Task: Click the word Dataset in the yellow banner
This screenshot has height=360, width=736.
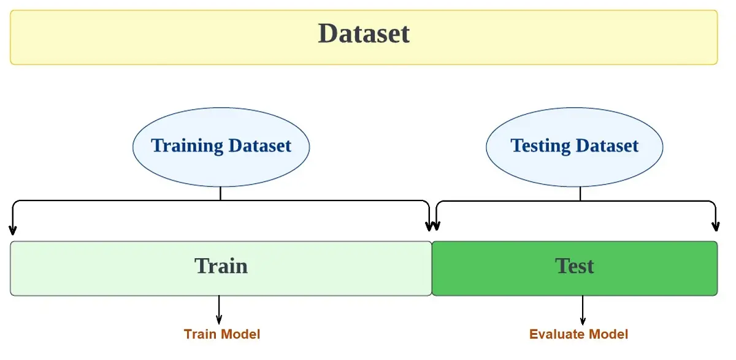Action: point(364,34)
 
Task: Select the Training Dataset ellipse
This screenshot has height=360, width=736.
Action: point(221,147)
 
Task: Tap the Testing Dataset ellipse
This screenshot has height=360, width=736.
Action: point(575,147)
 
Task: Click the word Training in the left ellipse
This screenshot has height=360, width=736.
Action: point(187,146)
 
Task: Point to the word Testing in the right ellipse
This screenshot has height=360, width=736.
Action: point(540,146)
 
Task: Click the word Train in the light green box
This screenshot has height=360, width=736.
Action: point(221,266)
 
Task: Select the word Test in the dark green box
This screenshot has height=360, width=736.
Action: point(575,266)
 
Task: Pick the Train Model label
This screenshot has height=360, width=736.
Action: point(222,334)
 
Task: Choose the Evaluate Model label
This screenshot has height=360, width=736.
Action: point(578,334)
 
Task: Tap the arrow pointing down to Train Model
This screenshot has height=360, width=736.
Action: point(219,310)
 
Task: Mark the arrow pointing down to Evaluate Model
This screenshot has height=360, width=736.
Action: point(583,310)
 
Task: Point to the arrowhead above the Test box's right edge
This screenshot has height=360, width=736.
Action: point(716,227)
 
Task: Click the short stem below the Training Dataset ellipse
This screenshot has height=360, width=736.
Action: point(220,193)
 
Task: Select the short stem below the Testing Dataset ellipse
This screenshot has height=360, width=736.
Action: point(580,194)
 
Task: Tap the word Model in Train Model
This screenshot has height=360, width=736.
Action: point(240,334)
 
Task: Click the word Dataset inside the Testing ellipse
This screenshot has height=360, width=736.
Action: point(607,145)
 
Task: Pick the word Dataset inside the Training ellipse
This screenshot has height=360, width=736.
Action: point(260,145)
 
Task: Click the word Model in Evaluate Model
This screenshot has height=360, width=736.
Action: point(608,334)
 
